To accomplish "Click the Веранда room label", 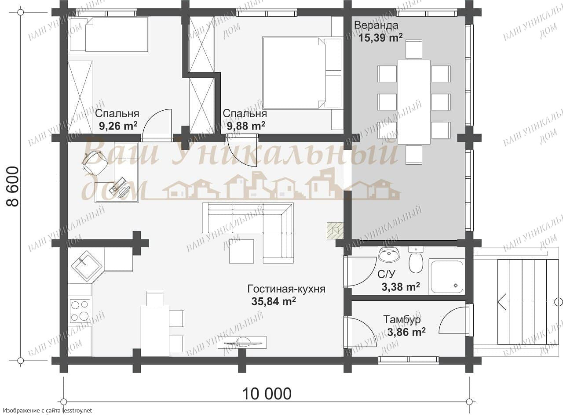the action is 376,25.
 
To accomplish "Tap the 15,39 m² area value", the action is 380,38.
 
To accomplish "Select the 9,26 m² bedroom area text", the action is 118,126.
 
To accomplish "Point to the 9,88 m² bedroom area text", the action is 246,126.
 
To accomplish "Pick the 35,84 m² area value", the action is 274,301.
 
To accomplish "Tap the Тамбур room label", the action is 402,319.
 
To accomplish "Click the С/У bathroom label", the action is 386,274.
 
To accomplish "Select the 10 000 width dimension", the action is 267,394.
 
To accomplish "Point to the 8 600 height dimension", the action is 12,186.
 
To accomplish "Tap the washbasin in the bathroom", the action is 389,254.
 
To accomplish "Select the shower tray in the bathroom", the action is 447,276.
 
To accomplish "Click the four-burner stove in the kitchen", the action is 80,311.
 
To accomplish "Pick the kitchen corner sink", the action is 87,266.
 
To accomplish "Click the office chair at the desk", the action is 95,162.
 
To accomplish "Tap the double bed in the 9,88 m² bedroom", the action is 302,73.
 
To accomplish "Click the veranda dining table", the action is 414,102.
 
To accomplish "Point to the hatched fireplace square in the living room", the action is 335,231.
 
